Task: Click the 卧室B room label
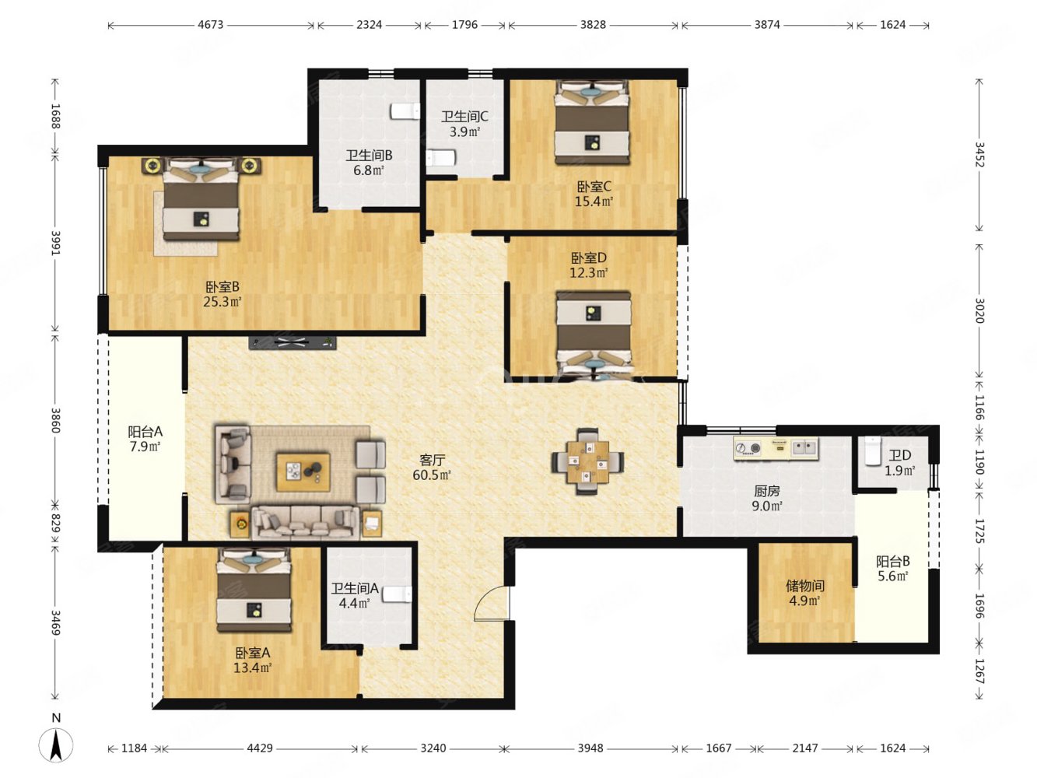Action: (222, 287)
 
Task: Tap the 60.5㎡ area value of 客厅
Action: (431, 475)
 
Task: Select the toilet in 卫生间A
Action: (397, 594)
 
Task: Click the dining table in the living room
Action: (587, 461)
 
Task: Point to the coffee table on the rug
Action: (303, 472)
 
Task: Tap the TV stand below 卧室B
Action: (293, 342)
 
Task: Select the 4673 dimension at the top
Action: (210, 25)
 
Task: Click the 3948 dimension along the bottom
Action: (590, 748)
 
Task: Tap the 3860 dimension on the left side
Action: (56, 420)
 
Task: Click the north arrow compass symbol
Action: (56, 745)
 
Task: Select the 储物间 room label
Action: (805, 586)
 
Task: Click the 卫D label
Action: (899, 455)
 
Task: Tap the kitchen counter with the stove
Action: (776, 448)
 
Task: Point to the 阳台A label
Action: (145, 431)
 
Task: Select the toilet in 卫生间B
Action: (405, 111)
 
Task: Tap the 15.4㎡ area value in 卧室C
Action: (594, 202)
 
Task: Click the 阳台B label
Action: (893, 561)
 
